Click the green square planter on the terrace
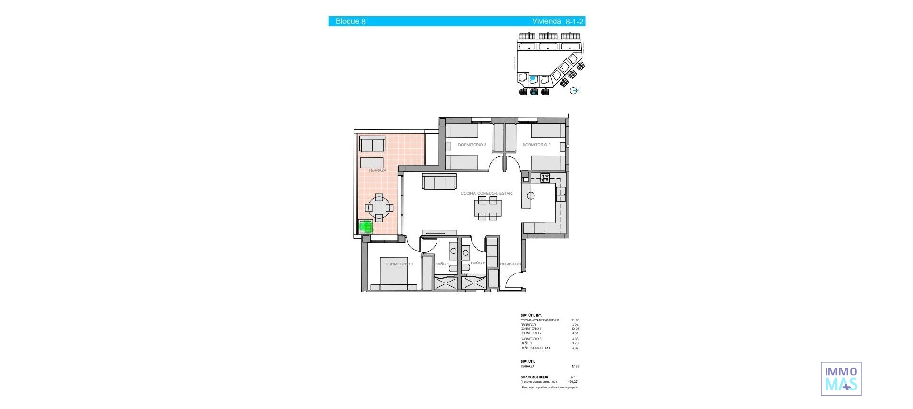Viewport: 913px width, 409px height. click(x=365, y=227)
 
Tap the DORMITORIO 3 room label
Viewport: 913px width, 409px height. click(x=472, y=145)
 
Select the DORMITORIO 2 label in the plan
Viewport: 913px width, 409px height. click(x=536, y=145)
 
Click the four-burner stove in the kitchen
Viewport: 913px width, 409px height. click(x=545, y=178)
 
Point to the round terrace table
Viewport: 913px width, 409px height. click(x=379, y=208)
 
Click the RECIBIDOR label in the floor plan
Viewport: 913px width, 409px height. click(x=510, y=264)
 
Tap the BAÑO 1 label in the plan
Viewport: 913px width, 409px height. click(x=442, y=264)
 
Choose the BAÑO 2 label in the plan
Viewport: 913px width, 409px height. click(x=477, y=263)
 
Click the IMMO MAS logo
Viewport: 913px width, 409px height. click(x=841, y=379)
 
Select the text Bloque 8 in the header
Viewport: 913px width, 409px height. click(x=350, y=21)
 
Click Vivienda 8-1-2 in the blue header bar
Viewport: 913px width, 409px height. click(x=557, y=21)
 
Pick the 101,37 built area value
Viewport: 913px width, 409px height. click(x=573, y=382)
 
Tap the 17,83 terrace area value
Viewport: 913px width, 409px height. click(x=575, y=367)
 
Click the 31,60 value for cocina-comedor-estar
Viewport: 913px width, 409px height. click(x=575, y=321)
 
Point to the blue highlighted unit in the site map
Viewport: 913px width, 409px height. click(x=533, y=78)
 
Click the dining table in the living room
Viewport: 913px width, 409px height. click(x=487, y=208)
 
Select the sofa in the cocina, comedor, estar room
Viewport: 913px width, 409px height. click(x=439, y=182)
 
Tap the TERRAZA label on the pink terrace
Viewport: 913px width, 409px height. click(x=377, y=170)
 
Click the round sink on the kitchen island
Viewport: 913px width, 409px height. click(x=531, y=195)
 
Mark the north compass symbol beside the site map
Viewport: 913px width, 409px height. click(x=574, y=90)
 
